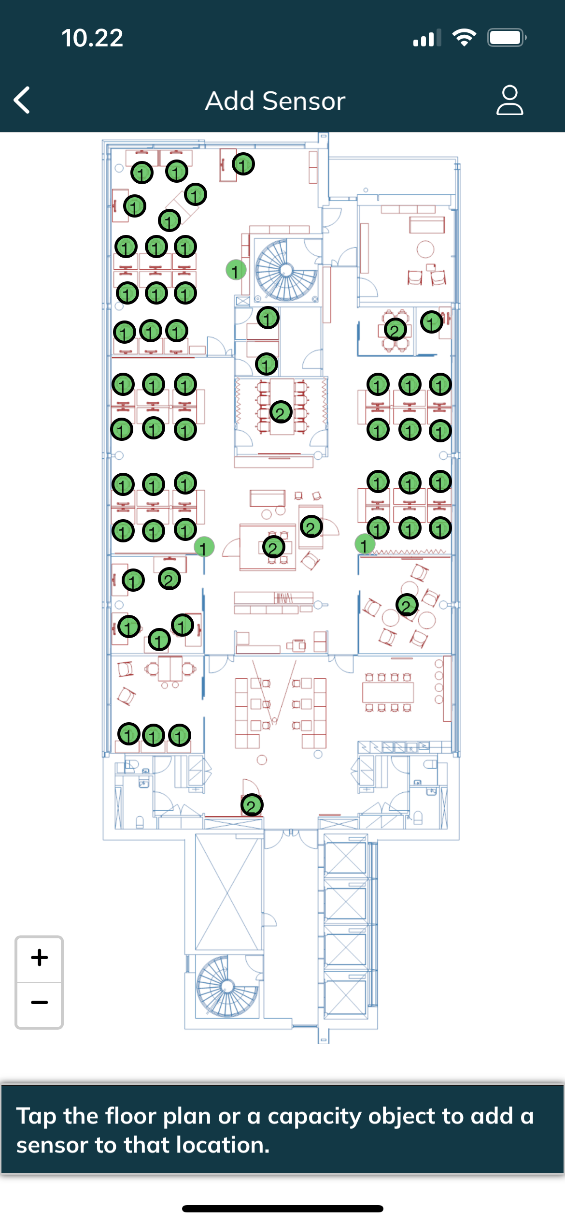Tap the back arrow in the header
pyautogui.click(x=22, y=100)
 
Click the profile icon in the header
pyautogui.click(x=509, y=100)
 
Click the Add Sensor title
pyautogui.click(x=275, y=101)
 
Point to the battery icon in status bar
pyautogui.click(x=507, y=38)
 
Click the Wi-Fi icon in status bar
pyautogui.click(x=464, y=38)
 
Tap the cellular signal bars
pyautogui.click(x=427, y=38)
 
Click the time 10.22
pyautogui.click(x=92, y=38)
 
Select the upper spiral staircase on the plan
pyautogui.click(x=286, y=270)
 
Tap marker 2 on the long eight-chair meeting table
pyautogui.click(x=281, y=412)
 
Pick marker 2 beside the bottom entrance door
pyautogui.click(x=252, y=805)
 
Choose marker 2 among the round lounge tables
pyautogui.click(x=407, y=605)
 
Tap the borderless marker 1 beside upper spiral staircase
pyautogui.click(x=236, y=270)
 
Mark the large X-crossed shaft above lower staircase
pyautogui.click(x=228, y=892)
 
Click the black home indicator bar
pyautogui.click(x=282, y=1209)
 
